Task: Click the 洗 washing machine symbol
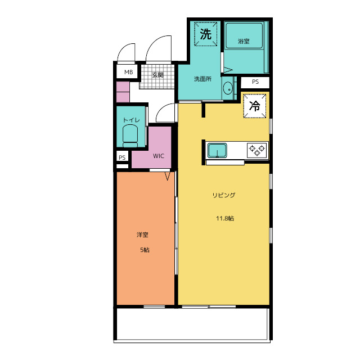(x=206, y=34)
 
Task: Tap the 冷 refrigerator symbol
(x=255, y=106)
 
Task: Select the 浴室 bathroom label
(x=244, y=41)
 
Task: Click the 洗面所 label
(x=202, y=79)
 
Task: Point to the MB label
(x=129, y=72)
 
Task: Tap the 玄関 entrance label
(x=157, y=75)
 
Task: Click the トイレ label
(x=131, y=120)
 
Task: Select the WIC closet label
(x=159, y=156)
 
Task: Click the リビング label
(x=224, y=195)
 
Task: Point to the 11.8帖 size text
(x=225, y=218)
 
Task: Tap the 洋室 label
(x=142, y=235)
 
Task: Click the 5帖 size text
(x=145, y=250)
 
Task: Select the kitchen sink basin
(x=217, y=151)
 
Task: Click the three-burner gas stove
(x=258, y=150)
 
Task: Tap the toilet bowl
(x=130, y=136)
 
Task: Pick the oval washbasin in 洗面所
(x=228, y=88)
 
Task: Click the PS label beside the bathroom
(x=255, y=82)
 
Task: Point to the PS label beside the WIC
(x=122, y=157)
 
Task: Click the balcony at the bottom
(x=192, y=324)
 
